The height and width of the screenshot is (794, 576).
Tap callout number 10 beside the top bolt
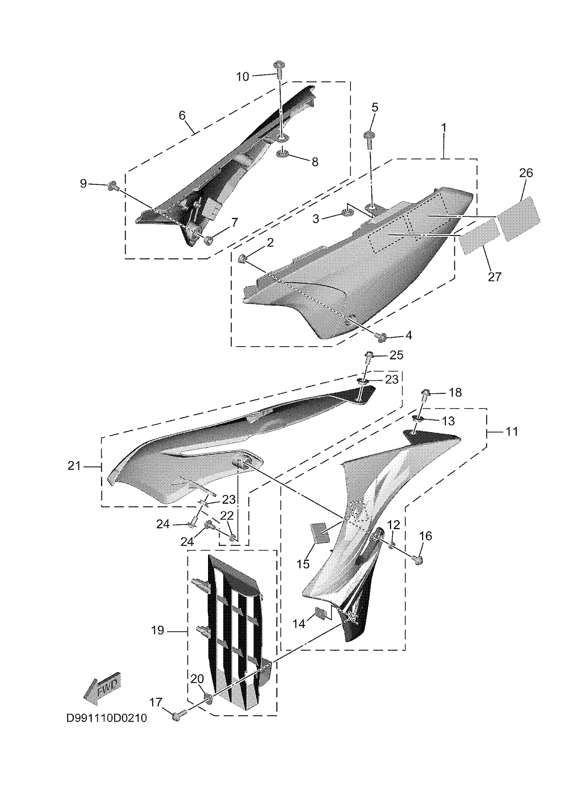click(x=243, y=76)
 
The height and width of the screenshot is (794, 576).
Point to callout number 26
click(x=526, y=173)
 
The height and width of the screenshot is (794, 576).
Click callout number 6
click(x=182, y=116)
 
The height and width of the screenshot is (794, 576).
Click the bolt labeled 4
click(x=380, y=336)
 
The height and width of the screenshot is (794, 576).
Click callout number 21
click(x=74, y=466)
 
